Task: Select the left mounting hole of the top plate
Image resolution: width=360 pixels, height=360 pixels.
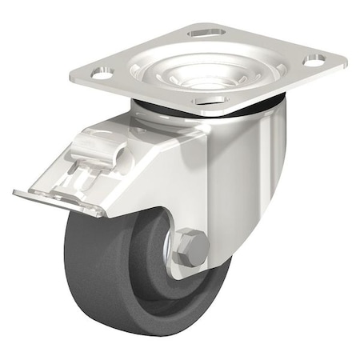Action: coord(100,73)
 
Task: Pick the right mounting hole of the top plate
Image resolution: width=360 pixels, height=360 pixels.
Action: coord(315,59)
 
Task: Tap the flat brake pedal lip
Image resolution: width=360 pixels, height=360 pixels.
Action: coord(56,200)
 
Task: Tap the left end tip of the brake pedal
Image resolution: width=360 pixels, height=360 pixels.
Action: coord(16,191)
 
